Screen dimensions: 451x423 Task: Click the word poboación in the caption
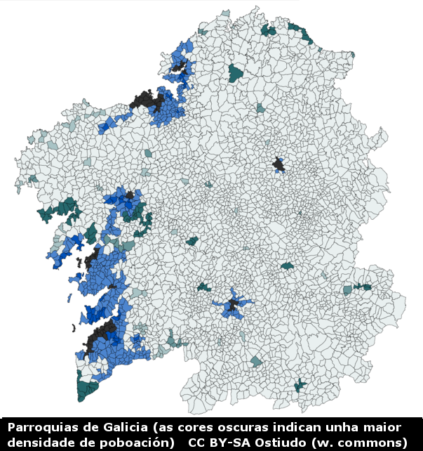[x=133, y=442]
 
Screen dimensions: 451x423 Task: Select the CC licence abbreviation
[x=197, y=442]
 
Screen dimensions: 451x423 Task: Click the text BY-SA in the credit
[x=233, y=442]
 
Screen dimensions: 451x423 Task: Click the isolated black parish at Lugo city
[x=279, y=165]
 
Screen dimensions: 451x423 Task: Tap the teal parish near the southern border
[x=300, y=385]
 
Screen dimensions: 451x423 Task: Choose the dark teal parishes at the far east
[x=362, y=287]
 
